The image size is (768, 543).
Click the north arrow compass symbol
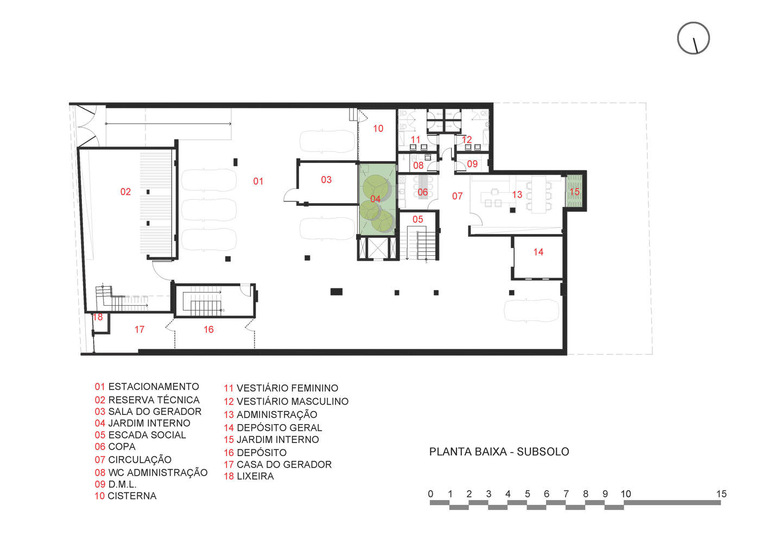(693, 38)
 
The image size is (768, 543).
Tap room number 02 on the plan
(125, 192)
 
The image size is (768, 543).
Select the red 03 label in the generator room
(326, 180)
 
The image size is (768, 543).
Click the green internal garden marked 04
(376, 199)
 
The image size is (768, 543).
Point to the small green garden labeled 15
(574, 191)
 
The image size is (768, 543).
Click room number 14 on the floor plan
(538, 252)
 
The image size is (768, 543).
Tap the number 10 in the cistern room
(378, 129)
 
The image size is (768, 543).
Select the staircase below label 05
(422, 244)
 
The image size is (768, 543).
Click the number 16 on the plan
(208, 330)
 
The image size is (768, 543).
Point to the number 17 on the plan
(139, 330)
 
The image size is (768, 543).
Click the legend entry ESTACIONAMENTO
(154, 387)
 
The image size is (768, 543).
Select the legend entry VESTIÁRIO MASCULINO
(292, 401)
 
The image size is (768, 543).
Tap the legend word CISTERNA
(132, 496)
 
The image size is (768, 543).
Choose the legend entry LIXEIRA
(255, 476)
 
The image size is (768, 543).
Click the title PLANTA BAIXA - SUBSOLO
(499, 452)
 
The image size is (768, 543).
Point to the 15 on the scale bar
(721, 494)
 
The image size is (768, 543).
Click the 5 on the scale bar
(527, 494)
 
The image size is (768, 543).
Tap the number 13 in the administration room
(517, 194)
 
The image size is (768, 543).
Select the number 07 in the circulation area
(457, 196)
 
